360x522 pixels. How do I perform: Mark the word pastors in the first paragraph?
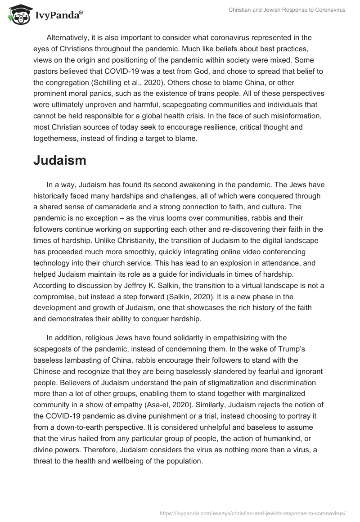(x=46, y=71)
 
